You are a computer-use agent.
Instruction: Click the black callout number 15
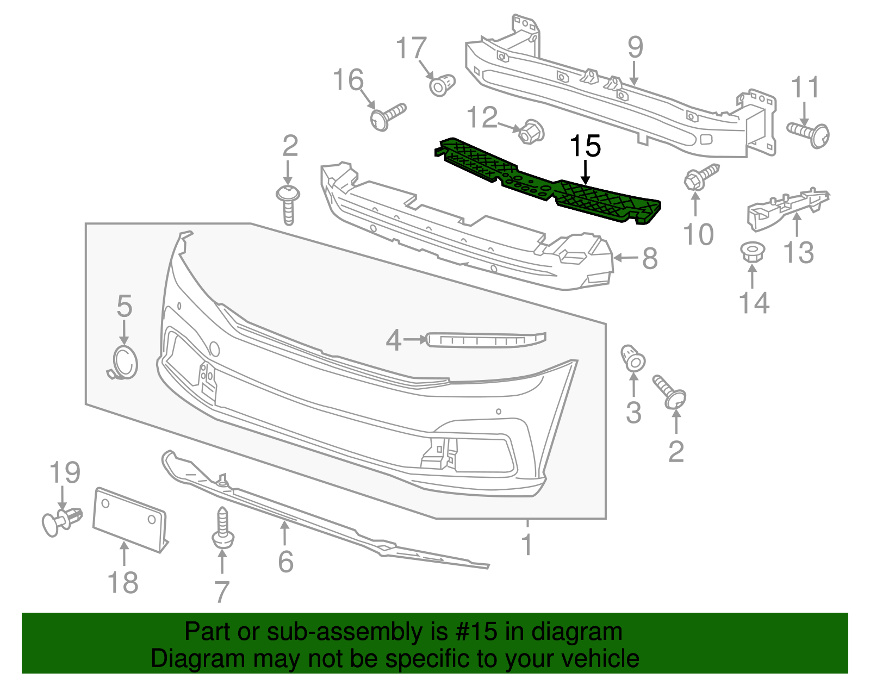tap(585, 147)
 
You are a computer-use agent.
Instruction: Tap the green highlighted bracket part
tap(549, 182)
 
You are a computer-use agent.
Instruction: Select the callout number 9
tap(635, 48)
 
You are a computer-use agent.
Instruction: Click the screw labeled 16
tap(387, 116)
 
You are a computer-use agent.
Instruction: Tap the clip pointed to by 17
tap(442, 85)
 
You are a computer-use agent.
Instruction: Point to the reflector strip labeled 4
tap(486, 340)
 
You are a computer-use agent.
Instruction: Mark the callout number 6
tap(285, 562)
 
